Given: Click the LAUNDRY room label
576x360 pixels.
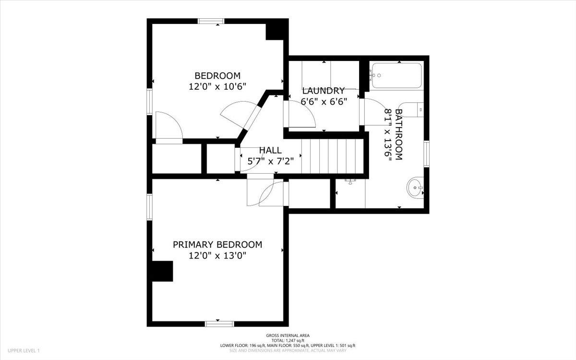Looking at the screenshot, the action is (324, 91).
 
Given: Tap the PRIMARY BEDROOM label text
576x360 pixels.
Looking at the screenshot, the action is (217, 244).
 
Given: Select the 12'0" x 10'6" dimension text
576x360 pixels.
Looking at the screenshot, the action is (217, 87).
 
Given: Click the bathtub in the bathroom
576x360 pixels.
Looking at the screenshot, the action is (397, 76).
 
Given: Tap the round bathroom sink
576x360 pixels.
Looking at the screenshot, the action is (415, 188).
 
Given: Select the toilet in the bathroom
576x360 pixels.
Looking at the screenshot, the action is (411, 110).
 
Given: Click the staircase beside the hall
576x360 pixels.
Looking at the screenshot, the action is (332, 156).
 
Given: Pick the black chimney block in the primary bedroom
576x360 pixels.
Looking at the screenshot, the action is (163, 271).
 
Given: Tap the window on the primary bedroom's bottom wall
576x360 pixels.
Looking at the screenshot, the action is (219, 324).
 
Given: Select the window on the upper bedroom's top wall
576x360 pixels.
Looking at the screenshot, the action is (211, 21).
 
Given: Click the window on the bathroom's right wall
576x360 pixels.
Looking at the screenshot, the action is (427, 154).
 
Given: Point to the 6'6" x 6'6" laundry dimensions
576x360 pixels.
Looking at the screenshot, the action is (324, 102).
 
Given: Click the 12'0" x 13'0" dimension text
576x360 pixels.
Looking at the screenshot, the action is (217, 256).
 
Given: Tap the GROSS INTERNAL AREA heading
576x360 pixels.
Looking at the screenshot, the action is (288, 336).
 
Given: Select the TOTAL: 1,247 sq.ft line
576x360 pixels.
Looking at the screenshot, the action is (288, 341).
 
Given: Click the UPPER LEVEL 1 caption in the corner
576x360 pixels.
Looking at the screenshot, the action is (24, 350).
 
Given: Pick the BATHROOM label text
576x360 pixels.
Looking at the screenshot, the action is (398, 134).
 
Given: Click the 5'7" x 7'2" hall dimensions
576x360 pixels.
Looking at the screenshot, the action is (271, 161).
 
